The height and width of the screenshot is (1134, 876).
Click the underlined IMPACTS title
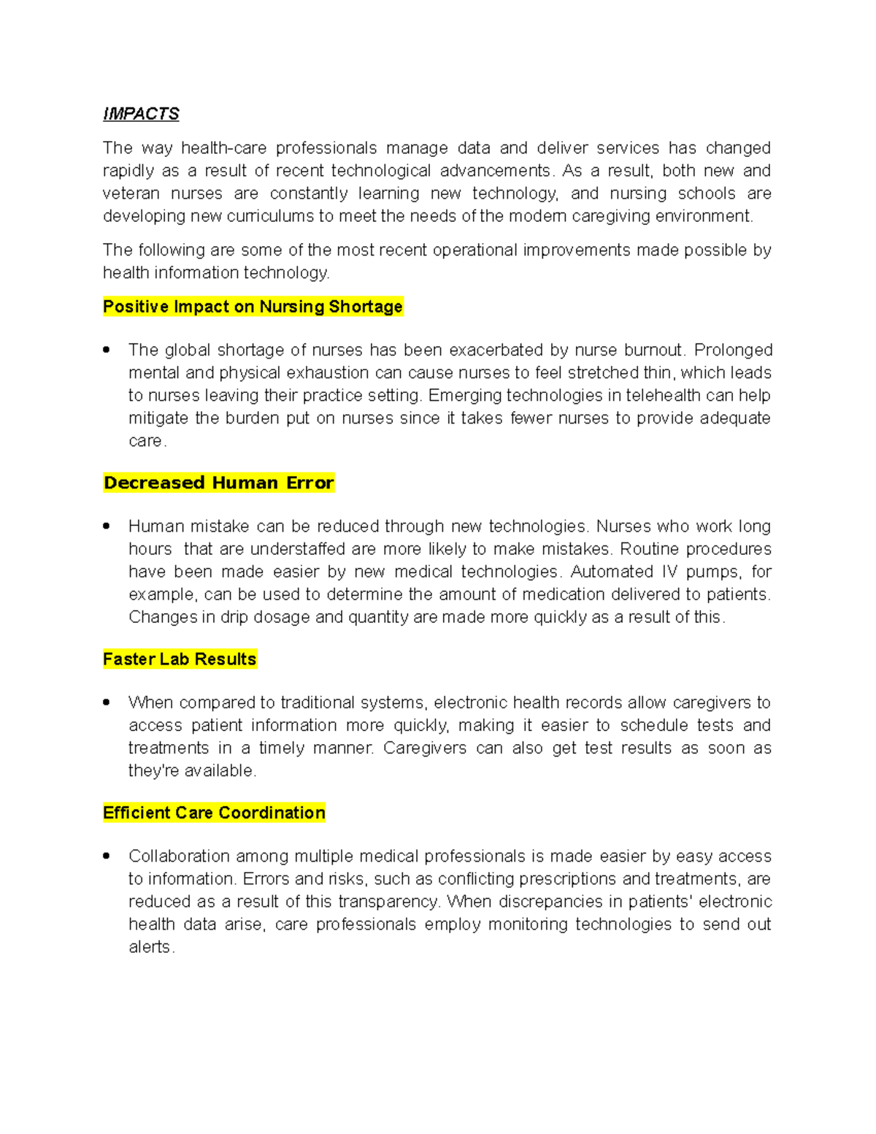pos(141,114)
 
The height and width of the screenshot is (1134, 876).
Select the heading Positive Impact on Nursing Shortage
pos(253,307)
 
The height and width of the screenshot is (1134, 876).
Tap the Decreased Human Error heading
pos(218,483)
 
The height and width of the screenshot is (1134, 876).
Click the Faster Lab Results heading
pos(180,659)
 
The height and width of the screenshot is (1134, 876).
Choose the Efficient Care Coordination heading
pos(214,813)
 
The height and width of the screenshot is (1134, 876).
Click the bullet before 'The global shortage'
pos(107,350)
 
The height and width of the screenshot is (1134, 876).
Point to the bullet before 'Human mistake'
pos(107,526)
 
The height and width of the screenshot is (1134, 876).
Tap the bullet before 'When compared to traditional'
pos(107,702)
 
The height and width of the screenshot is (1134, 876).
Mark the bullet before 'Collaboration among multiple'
pos(107,856)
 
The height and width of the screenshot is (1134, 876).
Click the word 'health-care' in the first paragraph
pos(223,148)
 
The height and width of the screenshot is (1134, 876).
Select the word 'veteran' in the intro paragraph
pos(131,194)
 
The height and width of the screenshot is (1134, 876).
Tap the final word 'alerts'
pos(150,947)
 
